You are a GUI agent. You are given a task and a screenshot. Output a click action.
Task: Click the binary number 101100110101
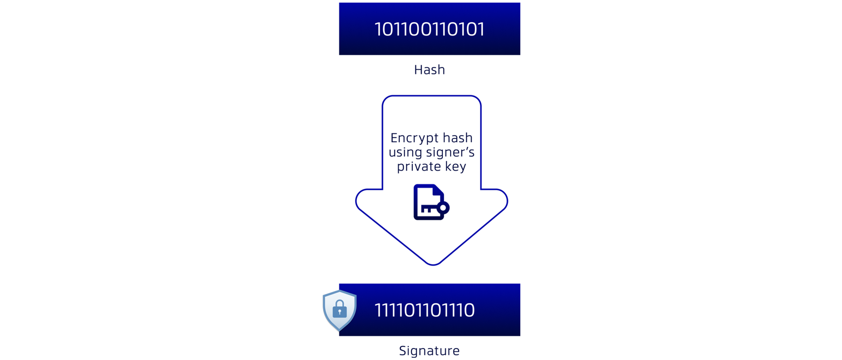429,29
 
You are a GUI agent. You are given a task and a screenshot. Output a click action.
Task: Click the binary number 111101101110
424,310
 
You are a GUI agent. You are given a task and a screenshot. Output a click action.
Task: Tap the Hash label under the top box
429,70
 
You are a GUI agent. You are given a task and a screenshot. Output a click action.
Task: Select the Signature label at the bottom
429,351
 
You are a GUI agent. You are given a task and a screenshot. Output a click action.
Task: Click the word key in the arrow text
455,167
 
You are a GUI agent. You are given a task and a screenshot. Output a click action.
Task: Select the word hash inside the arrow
458,138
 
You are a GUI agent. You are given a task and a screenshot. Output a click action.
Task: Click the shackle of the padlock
340,303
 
